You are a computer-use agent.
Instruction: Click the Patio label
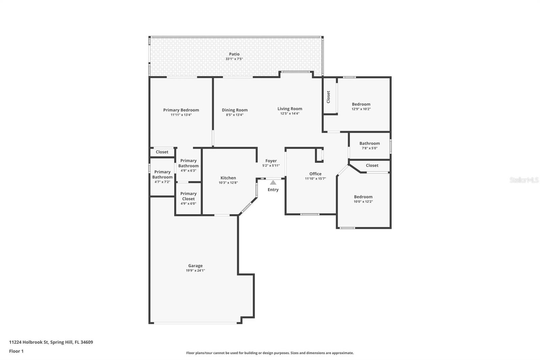pos(234,54)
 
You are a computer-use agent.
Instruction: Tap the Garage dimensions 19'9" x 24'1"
pos(195,271)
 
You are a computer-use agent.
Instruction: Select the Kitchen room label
pos(228,178)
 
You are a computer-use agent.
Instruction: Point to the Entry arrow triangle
pos(273,182)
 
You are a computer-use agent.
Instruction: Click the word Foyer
pos(271,161)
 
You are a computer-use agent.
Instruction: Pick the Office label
pos(315,174)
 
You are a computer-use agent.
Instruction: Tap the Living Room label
pos(290,109)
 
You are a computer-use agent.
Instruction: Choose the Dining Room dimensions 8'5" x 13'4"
pos(235,115)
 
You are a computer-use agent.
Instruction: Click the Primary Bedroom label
pos(181,110)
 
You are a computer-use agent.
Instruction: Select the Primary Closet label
pos(188,196)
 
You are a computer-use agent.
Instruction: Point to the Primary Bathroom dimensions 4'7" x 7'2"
pos(162,182)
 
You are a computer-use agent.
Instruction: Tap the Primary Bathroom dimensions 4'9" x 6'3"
pos(188,171)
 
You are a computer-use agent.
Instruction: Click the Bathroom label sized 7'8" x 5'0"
pos(370,143)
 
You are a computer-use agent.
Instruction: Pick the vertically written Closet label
pos(328,97)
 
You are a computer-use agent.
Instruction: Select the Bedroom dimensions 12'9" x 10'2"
pos(361,109)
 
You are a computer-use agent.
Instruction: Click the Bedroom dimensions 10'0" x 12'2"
pos(363,202)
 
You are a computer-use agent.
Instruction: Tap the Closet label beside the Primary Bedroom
pos(162,152)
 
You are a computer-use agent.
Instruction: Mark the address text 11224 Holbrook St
pos(29,342)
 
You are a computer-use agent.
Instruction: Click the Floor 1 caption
pos(16,351)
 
